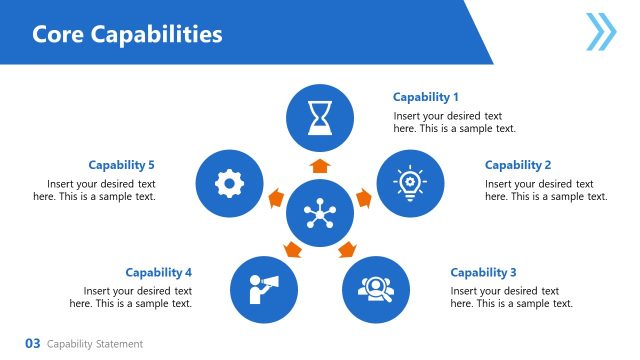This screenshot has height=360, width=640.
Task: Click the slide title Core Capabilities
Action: [x=127, y=34]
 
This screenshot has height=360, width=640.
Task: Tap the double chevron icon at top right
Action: [x=601, y=31]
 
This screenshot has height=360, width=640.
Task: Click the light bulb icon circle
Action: [x=410, y=184]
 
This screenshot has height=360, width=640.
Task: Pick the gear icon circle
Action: [x=230, y=184]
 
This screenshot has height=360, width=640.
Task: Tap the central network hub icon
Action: [x=320, y=214]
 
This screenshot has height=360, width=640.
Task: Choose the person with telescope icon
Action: [x=265, y=289]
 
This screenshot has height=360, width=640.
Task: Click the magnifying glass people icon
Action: [x=376, y=289]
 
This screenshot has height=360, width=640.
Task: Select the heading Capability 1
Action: [x=426, y=97]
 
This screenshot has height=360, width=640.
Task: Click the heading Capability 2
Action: [x=518, y=165]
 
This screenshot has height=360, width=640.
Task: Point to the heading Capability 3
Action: [x=483, y=272]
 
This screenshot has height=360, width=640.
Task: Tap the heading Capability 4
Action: [x=158, y=272]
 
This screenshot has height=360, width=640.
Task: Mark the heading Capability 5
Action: [x=121, y=165]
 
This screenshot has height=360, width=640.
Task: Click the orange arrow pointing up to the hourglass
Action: [x=320, y=165]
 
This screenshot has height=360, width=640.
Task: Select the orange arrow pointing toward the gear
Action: [x=273, y=198]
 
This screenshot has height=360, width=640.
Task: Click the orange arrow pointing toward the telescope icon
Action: [x=292, y=249]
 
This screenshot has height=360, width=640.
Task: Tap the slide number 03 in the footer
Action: [x=32, y=344]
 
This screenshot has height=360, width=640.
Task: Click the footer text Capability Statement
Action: [x=95, y=344]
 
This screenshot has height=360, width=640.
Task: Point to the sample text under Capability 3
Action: [x=511, y=297]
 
